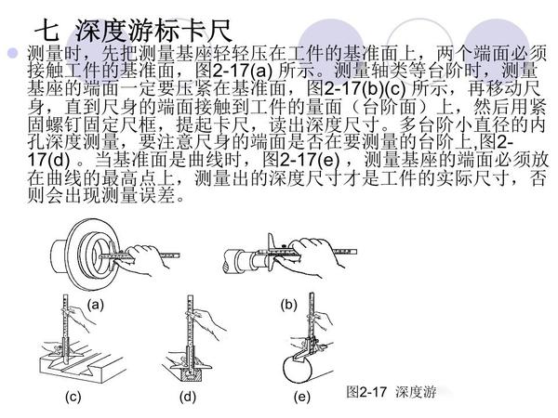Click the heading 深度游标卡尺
click(x=153, y=31)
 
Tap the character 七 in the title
click(x=46, y=31)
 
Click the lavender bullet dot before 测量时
click(x=13, y=53)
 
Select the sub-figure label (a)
click(x=96, y=305)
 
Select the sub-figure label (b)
click(x=288, y=305)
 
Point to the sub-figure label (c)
click(x=73, y=397)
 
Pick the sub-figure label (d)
click(x=188, y=397)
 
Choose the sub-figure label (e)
click(x=301, y=397)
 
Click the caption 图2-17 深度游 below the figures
click(x=392, y=392)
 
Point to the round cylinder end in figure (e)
click(x=298, y=369)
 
